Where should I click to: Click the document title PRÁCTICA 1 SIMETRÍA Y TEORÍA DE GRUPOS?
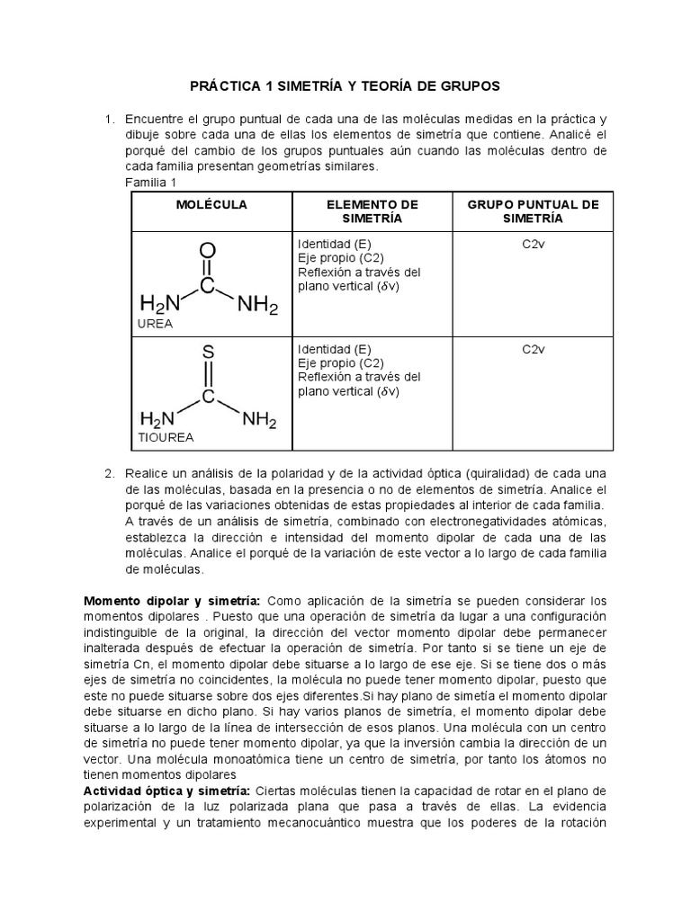344,85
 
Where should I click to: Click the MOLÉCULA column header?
211,205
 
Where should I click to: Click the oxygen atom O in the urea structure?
208,249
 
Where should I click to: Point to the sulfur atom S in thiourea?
208,352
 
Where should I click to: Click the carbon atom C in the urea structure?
208,286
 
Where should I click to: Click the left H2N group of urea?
159,306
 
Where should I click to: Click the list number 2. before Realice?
110,474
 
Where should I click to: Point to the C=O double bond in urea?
208,268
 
